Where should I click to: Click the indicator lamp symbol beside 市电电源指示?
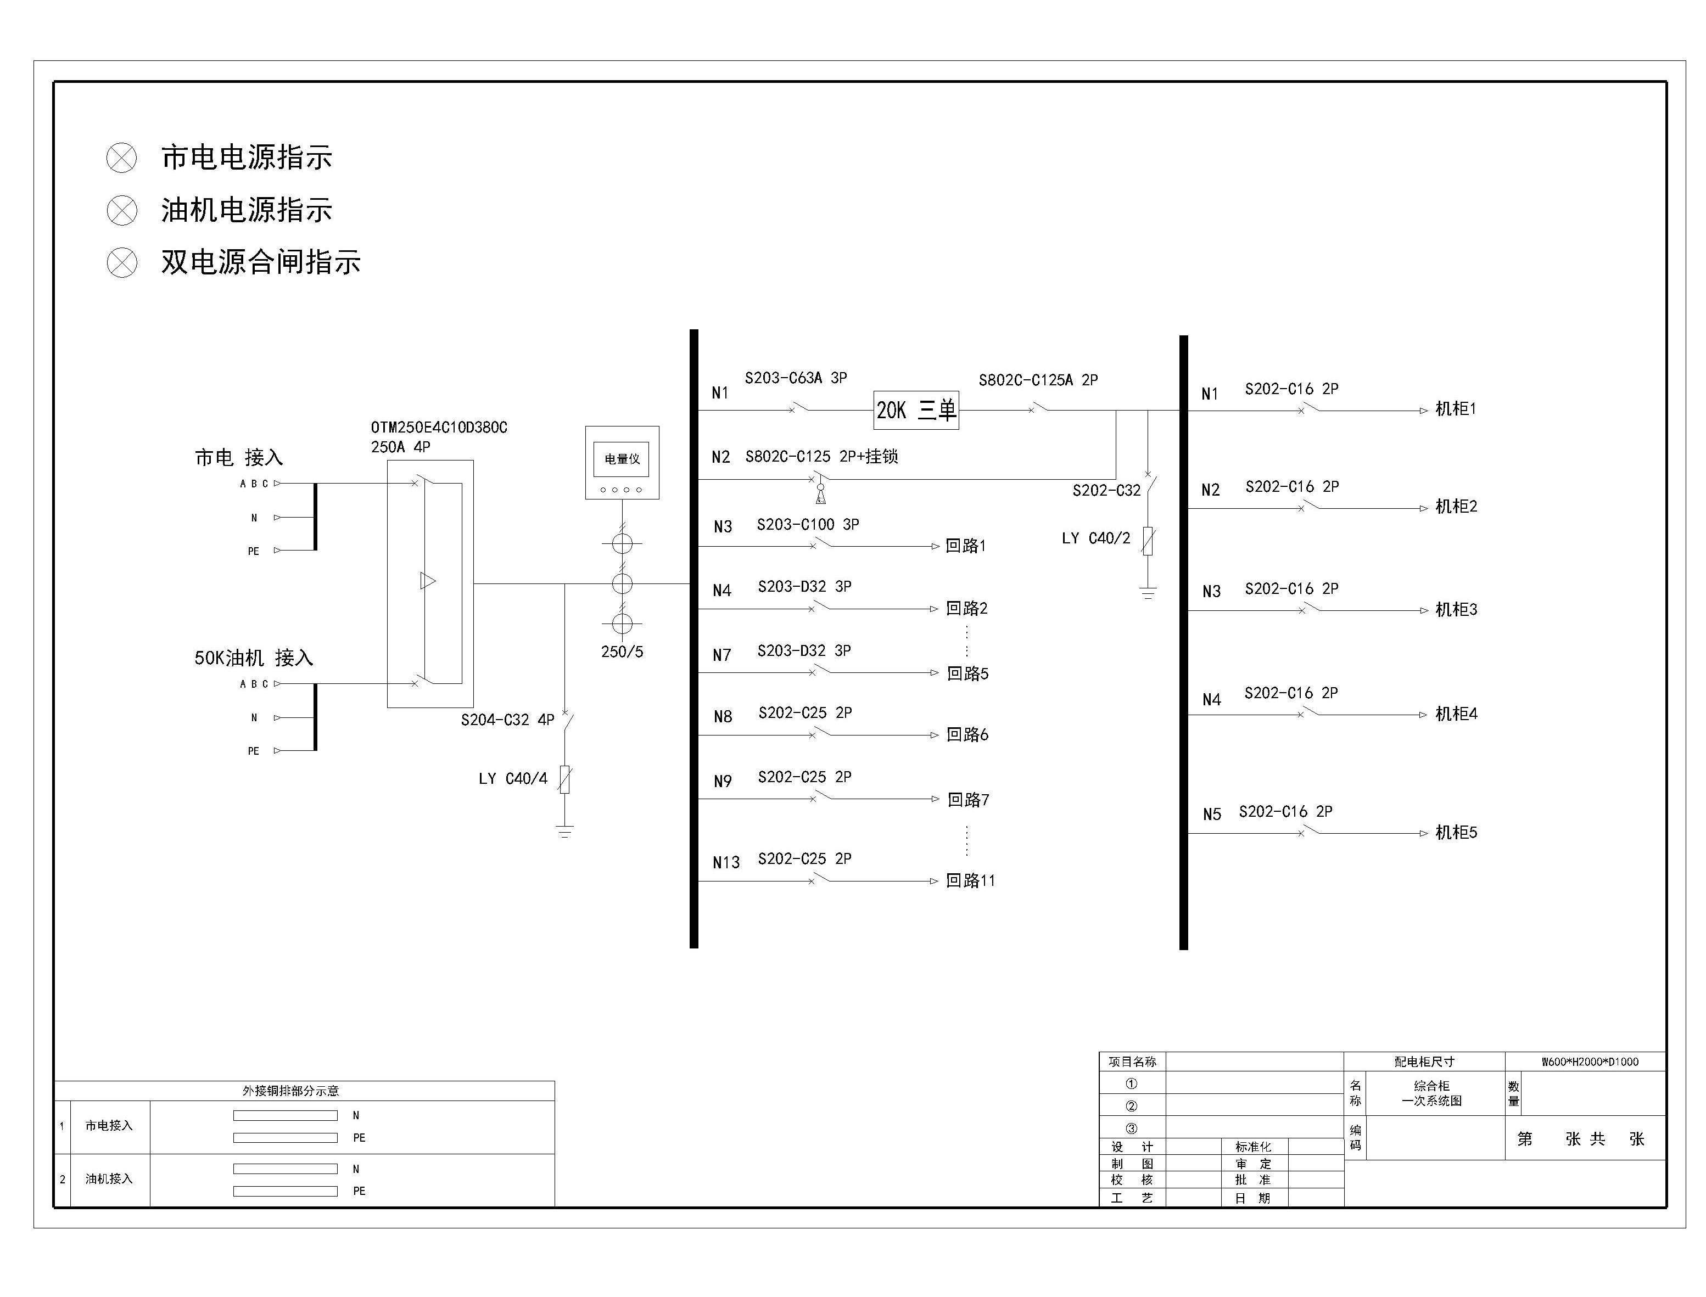click(x=121, y=158)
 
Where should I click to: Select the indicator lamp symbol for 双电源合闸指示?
click(x=121, y=262)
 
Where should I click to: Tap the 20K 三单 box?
click(x=916, y=410)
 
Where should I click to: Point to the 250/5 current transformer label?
click(x=622, y=652)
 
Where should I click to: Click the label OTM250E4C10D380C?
click(x=439, y=428)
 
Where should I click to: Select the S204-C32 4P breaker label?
click(x=507, y=720)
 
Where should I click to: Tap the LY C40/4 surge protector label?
click(x=513, y=779)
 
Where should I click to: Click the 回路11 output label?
click(x=971, y=881)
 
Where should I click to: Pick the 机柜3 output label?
click(x=1456, y=610)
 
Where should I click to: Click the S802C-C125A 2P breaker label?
click(x=1038, y=380)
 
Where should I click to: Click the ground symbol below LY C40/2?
click(x=1148, y=593)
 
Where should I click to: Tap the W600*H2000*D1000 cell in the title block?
click(x=1590, y=1062)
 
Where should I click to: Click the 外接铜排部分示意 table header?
click(x=290, y=1091)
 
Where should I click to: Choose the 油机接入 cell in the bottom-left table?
click(x=109, y=1179)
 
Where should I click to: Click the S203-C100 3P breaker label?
click(x=808, y=525)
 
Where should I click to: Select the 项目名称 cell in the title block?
click(x=1132, y=1062)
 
